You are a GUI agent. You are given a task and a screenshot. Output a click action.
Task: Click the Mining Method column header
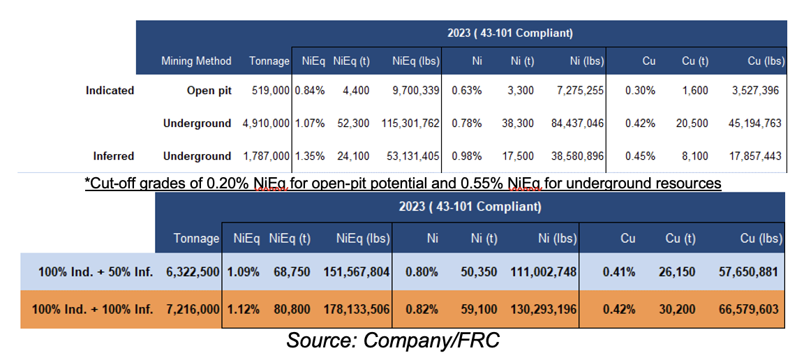coord(196,61)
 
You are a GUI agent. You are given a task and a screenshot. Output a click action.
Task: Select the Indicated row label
coord(110,91)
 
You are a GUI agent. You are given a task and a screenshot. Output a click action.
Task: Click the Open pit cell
coord(209,91)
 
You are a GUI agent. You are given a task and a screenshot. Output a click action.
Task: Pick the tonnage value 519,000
coord(269,91)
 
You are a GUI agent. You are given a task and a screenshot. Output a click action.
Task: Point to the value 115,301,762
coord(410,123)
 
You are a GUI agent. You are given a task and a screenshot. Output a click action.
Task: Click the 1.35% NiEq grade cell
coord(310,156)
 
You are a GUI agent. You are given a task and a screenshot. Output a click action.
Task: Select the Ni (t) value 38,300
coord(517,123)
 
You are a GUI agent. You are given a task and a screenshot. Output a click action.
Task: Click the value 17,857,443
coord(754,156)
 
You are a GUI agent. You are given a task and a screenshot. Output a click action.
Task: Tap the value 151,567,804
coord(355,272)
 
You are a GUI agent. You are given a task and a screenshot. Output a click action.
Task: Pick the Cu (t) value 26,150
coord(678,272)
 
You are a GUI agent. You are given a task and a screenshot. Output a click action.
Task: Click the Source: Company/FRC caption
coord(393,341)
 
